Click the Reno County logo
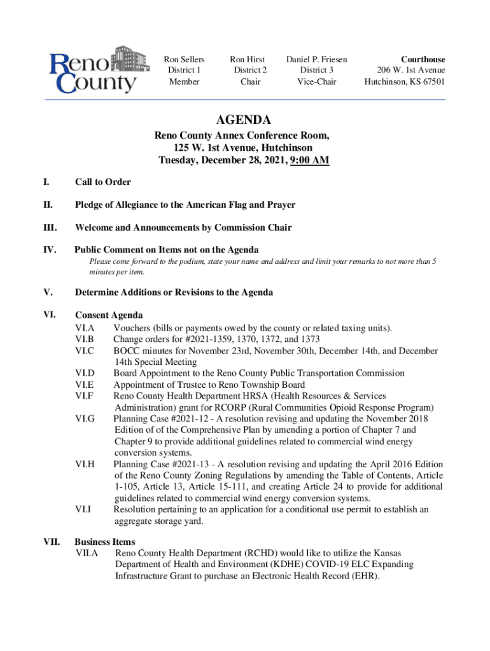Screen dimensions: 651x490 [x=94, y=70]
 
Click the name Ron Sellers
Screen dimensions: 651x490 [x=184, y=59]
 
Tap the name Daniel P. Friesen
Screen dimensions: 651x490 [x=316, y=59]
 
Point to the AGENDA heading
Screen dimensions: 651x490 [x=243, y=120]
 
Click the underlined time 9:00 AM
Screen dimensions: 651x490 [x=309, y=160]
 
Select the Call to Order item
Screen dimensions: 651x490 [x=102, y=182]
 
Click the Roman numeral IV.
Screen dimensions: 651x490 [x=48, y=249]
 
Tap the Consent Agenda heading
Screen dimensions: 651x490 [x=108, y=315]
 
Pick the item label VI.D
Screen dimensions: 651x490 [x=85, y=373]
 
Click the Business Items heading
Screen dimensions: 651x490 [x=104, y=542]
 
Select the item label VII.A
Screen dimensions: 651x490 [x=87, y=554]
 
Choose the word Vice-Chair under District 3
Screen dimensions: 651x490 [x=316, y=81]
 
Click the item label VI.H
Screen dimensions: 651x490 [x=85, y=464]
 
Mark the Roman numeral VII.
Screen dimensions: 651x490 [x=52, y=542]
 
